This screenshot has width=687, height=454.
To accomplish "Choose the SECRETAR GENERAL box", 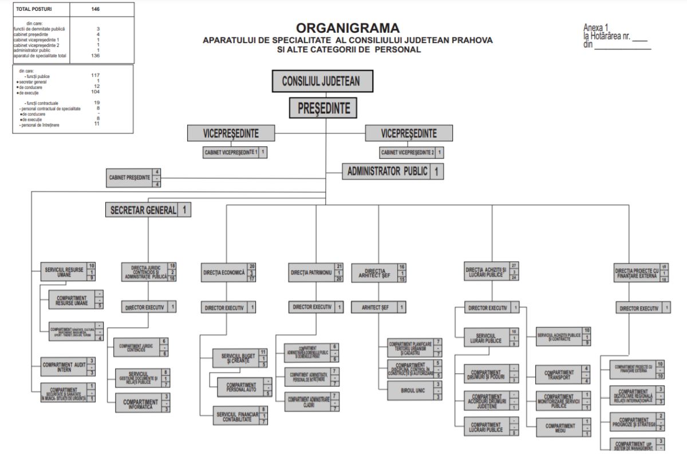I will (x=141, y=210).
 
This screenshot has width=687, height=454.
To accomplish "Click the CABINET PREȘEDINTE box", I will (x=129, y=178).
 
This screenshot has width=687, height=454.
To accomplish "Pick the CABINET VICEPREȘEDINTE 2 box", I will (x=408, y=152).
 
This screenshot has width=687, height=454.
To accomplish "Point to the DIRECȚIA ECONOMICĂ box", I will (x=224, y=273).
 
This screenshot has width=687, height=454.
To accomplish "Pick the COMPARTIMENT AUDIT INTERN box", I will (x=64, y=366).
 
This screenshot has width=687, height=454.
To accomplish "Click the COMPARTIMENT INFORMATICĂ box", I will (x=140, y=402).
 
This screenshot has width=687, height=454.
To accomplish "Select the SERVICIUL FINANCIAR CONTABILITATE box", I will (x=237, y=416).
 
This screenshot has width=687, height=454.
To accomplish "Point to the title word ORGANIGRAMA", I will (x=348, y=28).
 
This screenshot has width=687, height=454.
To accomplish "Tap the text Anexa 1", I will (x=596, y=27).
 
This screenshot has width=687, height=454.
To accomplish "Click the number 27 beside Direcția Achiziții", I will (x=514, y=265).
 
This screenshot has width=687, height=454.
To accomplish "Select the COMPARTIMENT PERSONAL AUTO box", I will (x=240, y=388).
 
